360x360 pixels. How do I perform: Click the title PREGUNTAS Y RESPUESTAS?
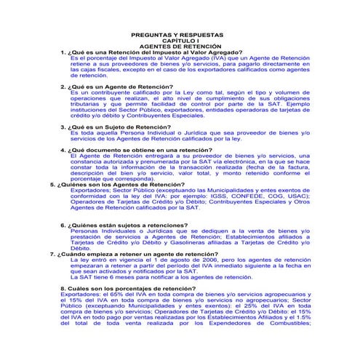coord(183,35)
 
